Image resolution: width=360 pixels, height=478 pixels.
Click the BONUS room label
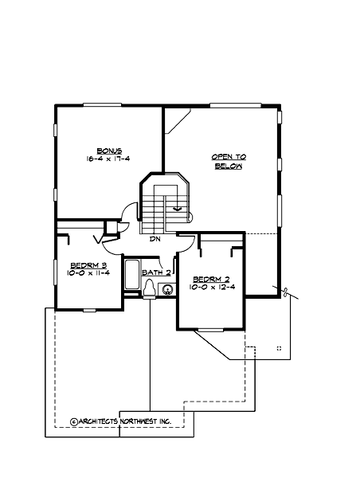click(x=109, y=151)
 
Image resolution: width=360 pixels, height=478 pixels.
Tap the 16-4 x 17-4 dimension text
click(x=109, y=159)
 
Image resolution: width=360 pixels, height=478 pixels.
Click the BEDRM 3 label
click(x=84, y=265)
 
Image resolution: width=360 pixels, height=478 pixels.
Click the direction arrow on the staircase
click(x=177, y=210)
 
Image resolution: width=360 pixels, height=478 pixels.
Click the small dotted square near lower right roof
click(x=279, y=348)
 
